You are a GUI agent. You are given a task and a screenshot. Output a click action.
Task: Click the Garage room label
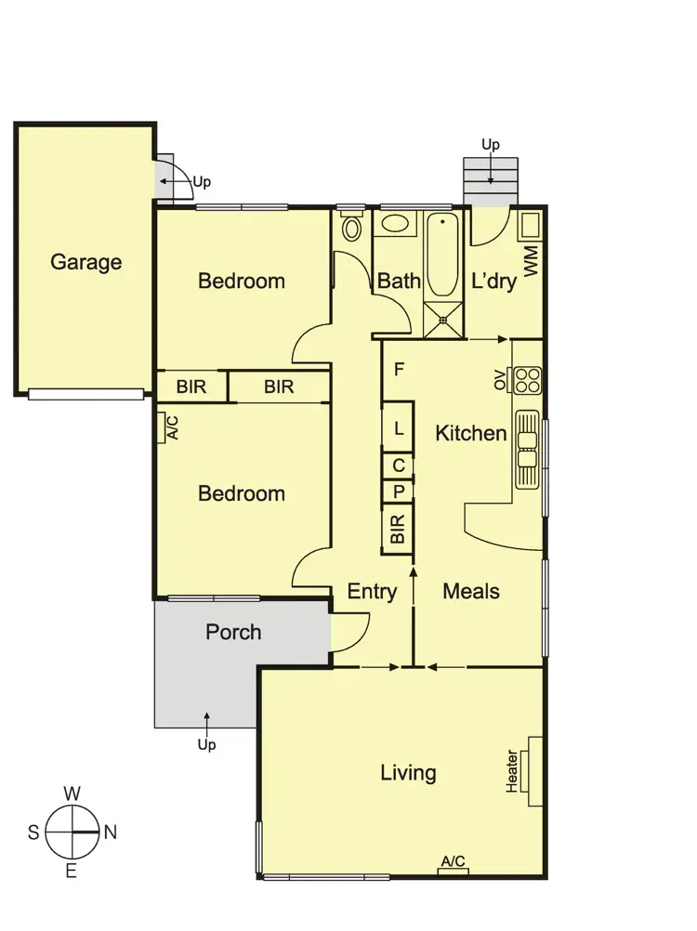(x=85, y=262)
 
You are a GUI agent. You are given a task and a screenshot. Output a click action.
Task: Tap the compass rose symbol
(x=72, y=833)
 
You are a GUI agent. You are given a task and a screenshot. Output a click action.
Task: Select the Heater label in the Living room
(x=512, y=772)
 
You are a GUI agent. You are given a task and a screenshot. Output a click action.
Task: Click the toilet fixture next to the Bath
(x=351, y=227)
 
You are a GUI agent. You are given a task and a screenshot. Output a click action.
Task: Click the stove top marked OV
(x=527, y=380)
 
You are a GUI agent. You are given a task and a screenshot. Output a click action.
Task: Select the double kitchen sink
(x=527, y=449)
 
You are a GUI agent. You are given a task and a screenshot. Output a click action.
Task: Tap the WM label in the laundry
(x=532, y=261)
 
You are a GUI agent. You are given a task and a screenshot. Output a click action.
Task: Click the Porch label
(x=233, y=632)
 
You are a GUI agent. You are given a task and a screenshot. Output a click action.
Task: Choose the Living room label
(x=408, y=773)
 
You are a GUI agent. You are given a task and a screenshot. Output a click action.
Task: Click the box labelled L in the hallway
(x=398, y=429)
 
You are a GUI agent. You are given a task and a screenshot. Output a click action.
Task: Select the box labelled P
(x=398, y=492)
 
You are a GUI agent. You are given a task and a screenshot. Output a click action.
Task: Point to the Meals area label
(x=471, y=591)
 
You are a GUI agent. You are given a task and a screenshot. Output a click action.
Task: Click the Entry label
(x=372, y=591)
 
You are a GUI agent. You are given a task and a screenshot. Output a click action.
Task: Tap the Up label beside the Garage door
(x=202, y=182)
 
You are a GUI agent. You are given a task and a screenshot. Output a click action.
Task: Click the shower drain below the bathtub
(x=443, y=321)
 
